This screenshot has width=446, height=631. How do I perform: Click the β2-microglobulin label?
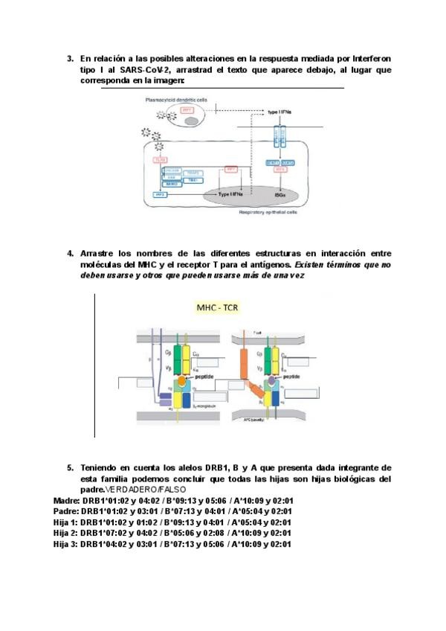(x=204, y=409)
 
